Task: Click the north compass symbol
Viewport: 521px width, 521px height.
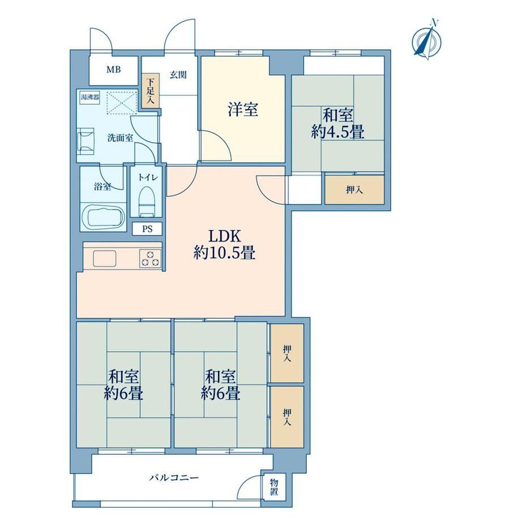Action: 426,41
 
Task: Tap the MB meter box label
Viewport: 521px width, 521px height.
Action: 113,70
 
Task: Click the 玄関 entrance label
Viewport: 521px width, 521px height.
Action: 178,75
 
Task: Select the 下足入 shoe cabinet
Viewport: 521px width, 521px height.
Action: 151,91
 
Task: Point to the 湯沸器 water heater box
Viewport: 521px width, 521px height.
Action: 90,97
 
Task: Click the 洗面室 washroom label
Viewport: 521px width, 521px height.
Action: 120,138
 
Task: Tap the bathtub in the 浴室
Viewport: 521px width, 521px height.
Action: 103,217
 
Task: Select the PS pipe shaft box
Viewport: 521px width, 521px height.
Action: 147,229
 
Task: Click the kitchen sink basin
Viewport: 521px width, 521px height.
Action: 105,258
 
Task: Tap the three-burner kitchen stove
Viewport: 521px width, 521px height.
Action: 150,258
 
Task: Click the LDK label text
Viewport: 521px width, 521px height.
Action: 224,236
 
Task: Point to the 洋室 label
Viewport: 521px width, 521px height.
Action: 243,109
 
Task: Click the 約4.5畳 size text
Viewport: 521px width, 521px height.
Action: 338,132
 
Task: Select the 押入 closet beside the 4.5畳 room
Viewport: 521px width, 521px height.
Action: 355,190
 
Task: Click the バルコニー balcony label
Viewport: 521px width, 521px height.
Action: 174,478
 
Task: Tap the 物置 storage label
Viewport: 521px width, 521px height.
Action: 274,487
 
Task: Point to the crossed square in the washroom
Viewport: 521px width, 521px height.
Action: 121,103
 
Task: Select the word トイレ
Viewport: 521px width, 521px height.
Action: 148,177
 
